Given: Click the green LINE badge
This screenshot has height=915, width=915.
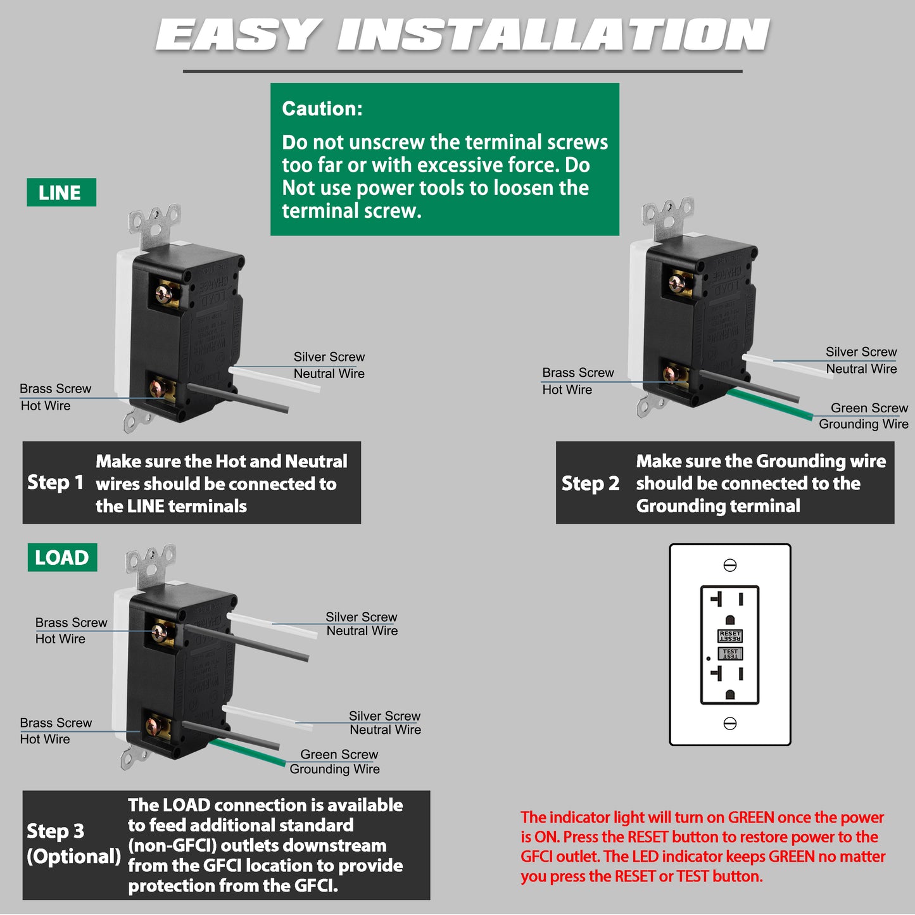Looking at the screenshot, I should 61,192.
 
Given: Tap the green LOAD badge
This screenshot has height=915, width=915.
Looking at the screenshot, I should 62,557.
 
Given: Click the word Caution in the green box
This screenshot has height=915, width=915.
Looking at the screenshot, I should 322,109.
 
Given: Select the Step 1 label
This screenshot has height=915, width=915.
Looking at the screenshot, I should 55,483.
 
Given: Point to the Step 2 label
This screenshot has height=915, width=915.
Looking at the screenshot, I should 590,484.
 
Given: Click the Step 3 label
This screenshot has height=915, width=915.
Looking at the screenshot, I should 55,831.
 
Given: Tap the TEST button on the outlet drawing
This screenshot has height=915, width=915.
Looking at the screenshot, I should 730,653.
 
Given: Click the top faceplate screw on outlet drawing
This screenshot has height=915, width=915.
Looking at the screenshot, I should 730,565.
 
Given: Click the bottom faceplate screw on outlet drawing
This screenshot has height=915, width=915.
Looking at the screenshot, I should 730,723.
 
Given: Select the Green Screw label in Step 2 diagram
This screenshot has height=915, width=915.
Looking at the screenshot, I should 869,408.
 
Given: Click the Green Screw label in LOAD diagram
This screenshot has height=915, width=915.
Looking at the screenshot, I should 339,755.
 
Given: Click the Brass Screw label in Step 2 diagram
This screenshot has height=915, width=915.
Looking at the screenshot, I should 577,373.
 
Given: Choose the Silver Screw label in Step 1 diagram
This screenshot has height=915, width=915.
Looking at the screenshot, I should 329,357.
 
